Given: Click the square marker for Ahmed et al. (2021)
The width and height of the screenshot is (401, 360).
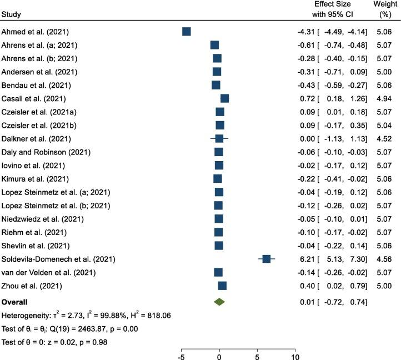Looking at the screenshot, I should point(187,32).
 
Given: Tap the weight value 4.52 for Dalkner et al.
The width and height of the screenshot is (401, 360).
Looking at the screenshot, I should point(384,138).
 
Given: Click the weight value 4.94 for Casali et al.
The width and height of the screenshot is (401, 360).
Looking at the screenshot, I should point(384,98).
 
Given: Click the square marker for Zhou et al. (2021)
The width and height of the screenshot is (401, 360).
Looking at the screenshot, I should point(222,286).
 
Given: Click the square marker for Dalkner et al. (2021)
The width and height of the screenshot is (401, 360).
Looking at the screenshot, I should point(219,138).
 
